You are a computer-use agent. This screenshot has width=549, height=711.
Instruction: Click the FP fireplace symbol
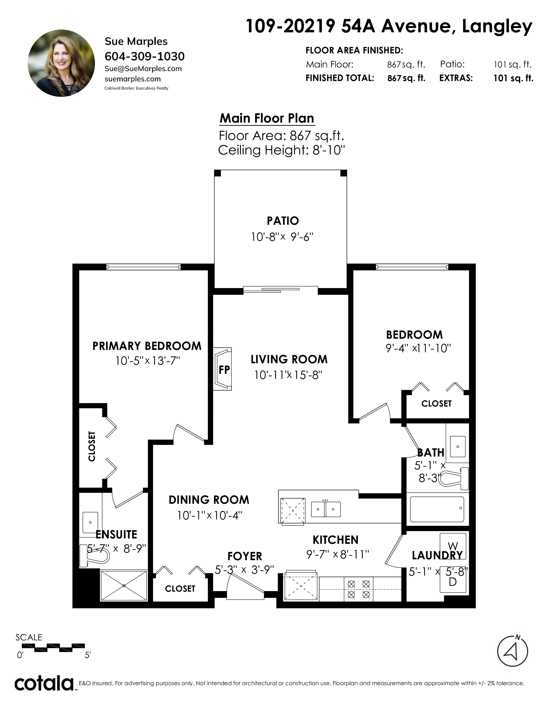click(222, 369)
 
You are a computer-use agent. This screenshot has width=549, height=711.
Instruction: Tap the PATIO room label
click(283, 221)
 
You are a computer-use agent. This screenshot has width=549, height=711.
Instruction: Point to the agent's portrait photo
click(62, 63)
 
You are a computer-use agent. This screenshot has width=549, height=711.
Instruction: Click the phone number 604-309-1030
click(144, 56)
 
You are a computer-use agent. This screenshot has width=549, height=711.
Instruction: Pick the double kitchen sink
click(326, 509)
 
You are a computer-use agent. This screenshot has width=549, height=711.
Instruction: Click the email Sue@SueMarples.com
click(143, 69)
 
